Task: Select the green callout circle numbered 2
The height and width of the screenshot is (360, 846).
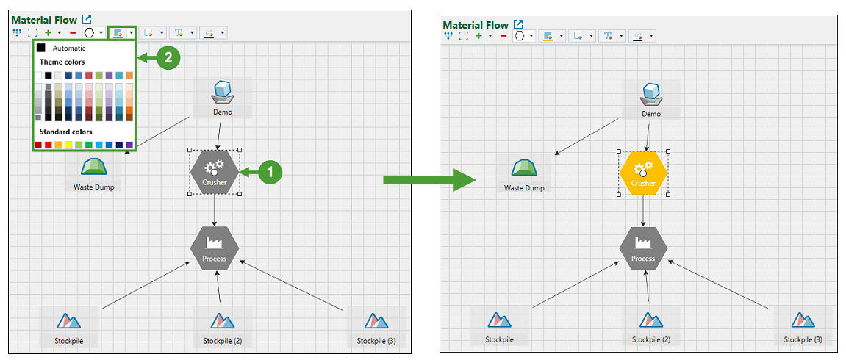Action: click(168, 58)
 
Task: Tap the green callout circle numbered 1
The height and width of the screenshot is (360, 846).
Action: click(270, 172)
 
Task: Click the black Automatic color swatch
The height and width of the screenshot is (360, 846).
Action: click(41, 48)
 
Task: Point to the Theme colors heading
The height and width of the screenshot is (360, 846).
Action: click(62, 62)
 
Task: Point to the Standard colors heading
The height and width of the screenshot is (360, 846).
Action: click(65, 132)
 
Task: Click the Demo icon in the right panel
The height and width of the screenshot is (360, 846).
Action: click(650, 95)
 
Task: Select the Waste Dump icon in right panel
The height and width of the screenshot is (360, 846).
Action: click(523, 169)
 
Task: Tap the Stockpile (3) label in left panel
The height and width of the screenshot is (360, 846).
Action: click(376, 341)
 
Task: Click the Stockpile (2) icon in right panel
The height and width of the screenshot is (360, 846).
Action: click(650, 320)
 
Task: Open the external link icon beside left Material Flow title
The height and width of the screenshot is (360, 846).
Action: click(87, 19)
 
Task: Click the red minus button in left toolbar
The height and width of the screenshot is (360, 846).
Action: click(72, 33)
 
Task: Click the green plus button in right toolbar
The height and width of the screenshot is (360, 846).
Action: click(478, 35)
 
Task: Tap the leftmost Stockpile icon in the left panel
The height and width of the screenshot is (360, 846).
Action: click(68, 321)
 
